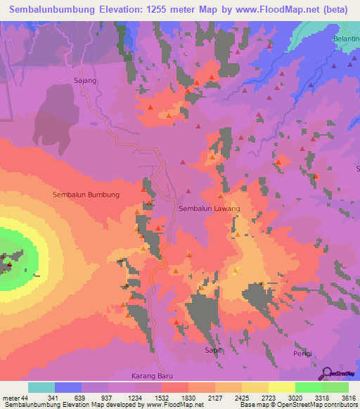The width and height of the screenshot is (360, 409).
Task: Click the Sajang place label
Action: point(84,81)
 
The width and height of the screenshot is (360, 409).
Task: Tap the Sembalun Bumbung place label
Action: point(86,195)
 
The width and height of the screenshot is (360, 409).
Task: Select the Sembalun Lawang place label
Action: point(209,209)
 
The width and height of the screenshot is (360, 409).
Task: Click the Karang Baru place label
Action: point(152,376)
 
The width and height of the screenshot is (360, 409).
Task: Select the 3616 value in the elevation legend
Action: point(349,397)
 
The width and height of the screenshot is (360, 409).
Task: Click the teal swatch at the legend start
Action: point(41,387)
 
